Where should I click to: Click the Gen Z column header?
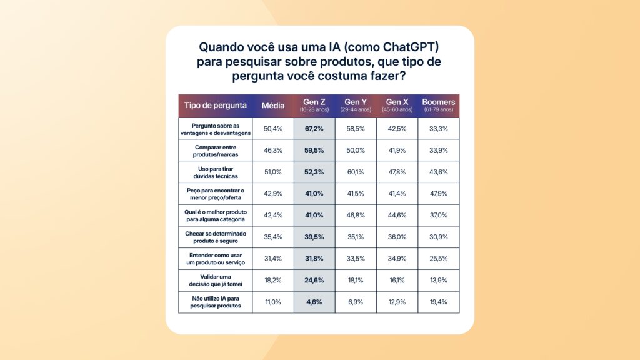coord(314,105)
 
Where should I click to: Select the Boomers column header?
coord(439,105)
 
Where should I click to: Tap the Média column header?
coord(273,105)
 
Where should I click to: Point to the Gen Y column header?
coord(356,105)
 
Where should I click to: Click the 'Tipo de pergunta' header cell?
coord(216,105)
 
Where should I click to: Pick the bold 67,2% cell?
coord(314,128)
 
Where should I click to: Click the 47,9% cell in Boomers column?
coord(439,194)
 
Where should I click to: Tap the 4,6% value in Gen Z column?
coord(314,301)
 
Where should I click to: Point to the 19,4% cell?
coord(439,301)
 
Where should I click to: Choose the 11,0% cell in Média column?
coord(273,301)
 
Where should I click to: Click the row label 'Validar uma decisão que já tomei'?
coord(216,280)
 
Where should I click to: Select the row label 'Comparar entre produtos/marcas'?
coord(216,150)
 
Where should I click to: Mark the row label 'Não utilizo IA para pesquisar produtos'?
coord(216,301)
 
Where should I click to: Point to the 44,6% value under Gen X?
coord(397,215)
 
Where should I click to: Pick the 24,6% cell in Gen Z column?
coord(314,280)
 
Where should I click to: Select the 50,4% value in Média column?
coord(273,128)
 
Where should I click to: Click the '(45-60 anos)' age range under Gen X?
coord(397,109)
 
